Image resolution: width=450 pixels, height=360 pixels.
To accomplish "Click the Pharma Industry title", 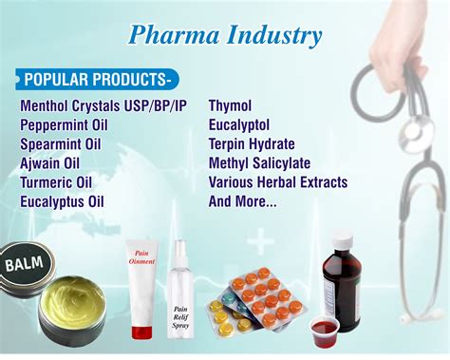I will [x=224, y=36].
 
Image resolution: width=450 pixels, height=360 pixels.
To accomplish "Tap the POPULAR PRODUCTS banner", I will [x=96, y=77].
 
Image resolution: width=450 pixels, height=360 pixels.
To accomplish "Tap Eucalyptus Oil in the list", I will [x=63, y=201].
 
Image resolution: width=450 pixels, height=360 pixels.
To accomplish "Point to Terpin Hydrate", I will [x=254, y=144].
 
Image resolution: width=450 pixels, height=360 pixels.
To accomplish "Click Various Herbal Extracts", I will [x=278, y=182].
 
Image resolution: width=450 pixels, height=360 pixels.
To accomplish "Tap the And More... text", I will [x=243, y=201].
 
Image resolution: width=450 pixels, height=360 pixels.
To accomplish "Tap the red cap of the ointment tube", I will [x=142, y=332].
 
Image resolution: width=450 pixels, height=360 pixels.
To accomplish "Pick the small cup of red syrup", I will [x=325, y=331].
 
